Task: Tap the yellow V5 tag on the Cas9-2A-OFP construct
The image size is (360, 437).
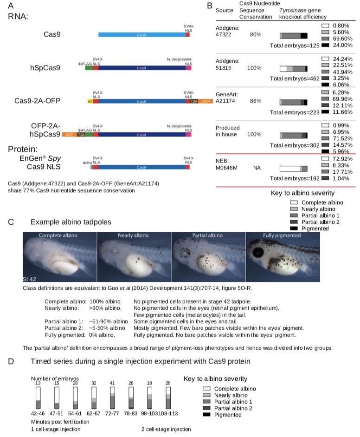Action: point(90,101)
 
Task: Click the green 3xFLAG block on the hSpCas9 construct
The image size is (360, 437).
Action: point(89,68)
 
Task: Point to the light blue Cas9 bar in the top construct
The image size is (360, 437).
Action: point(141,34)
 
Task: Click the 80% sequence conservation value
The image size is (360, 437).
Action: point(256,35)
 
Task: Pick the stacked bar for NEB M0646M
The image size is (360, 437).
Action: point(294,169)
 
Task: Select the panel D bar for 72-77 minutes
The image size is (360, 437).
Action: point(112,398)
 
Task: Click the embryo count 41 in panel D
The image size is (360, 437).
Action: point(112,383)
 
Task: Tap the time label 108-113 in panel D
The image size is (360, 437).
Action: point(168,413)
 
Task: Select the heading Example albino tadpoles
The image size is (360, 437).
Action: point(71,222)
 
